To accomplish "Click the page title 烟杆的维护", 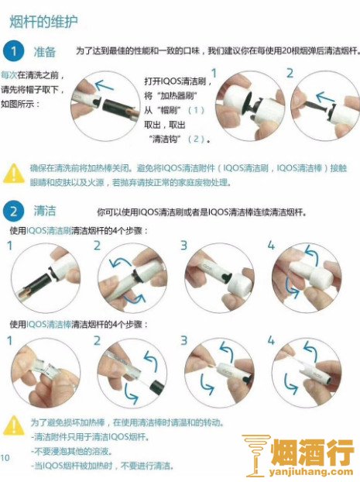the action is pyautogui.click(x=43, y=22).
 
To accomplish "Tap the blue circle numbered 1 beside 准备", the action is pyautogui.click(x=13, y=50).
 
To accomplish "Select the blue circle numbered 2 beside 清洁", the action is pyautogui.click(x=13, y=212).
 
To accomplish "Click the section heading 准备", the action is pyautogui.click(x=45, y=52).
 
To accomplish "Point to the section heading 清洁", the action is pyautogui.click(x=45, y=211).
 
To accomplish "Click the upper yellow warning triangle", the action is pyautogui.click(x=14, y=174).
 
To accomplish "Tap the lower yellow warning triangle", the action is pyautogui.click(x=14, y=425).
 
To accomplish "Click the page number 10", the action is pyautogui.click(x=5, y=458).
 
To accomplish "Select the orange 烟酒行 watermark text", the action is pyautogui.click(x=313, y=452).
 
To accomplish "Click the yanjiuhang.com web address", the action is pyautogui.click(x=311, y=472).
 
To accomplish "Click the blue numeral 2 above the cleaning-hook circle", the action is pyautogui.click(x=290, y=73).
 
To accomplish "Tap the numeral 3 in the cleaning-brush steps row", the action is pyautogui.click(x=183, y=246).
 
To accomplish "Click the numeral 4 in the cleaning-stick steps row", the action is pyautogui.click(x=271, y=340).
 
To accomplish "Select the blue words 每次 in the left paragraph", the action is pyautogui.click(x=9, y=74).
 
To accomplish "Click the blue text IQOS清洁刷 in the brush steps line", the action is pyautogui.click(x=49, y=231).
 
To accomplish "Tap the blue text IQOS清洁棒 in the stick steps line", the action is pyautogui.click(x=49, y=324).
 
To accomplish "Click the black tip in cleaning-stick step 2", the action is pyautogui.click(x=158, y=387).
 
